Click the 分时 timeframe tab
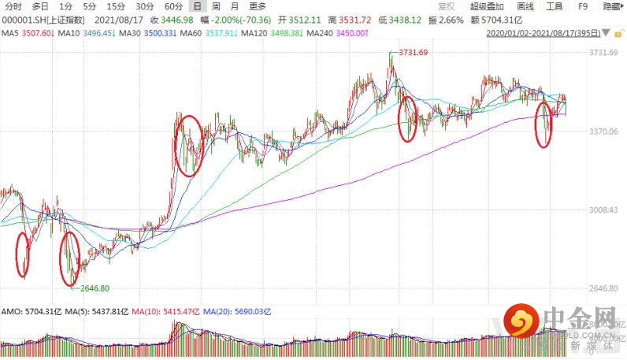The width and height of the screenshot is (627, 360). (x=14, y=6)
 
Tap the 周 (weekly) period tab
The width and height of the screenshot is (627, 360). (x=215, y=6)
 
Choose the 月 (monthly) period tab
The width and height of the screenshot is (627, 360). (x=235, y=6)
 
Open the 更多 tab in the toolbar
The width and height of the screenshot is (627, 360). (x=257, y=6)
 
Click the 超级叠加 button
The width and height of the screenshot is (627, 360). (x=486, y=6)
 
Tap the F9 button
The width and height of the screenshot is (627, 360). (x=583, y=6)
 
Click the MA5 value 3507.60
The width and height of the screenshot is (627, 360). (x=37, y=34)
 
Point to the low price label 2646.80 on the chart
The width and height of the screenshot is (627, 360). (x=94, y=288)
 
